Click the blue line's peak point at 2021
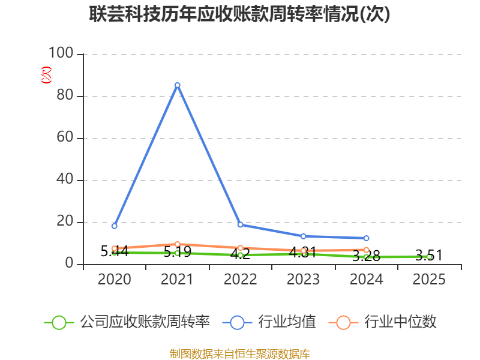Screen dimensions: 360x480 pos(177,85)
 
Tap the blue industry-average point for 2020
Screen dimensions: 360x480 pos(114,226)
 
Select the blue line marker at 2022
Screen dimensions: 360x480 pos(240,224)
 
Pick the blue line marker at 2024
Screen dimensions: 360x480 pos(366,238)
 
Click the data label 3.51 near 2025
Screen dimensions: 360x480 pos(428,256)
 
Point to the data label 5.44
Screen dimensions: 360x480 pos(114,251)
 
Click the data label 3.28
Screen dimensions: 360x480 pos(366,256)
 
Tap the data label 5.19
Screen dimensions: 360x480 pos(177,252)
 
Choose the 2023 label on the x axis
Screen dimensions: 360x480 pos(303,280)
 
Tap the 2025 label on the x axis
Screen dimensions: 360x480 pos(429,280)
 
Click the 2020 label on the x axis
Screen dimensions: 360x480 pos(114,280)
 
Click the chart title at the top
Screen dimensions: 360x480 pos(240,14)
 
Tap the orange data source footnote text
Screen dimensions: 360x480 pos(240,353)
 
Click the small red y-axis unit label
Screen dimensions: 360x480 pos(46,75)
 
